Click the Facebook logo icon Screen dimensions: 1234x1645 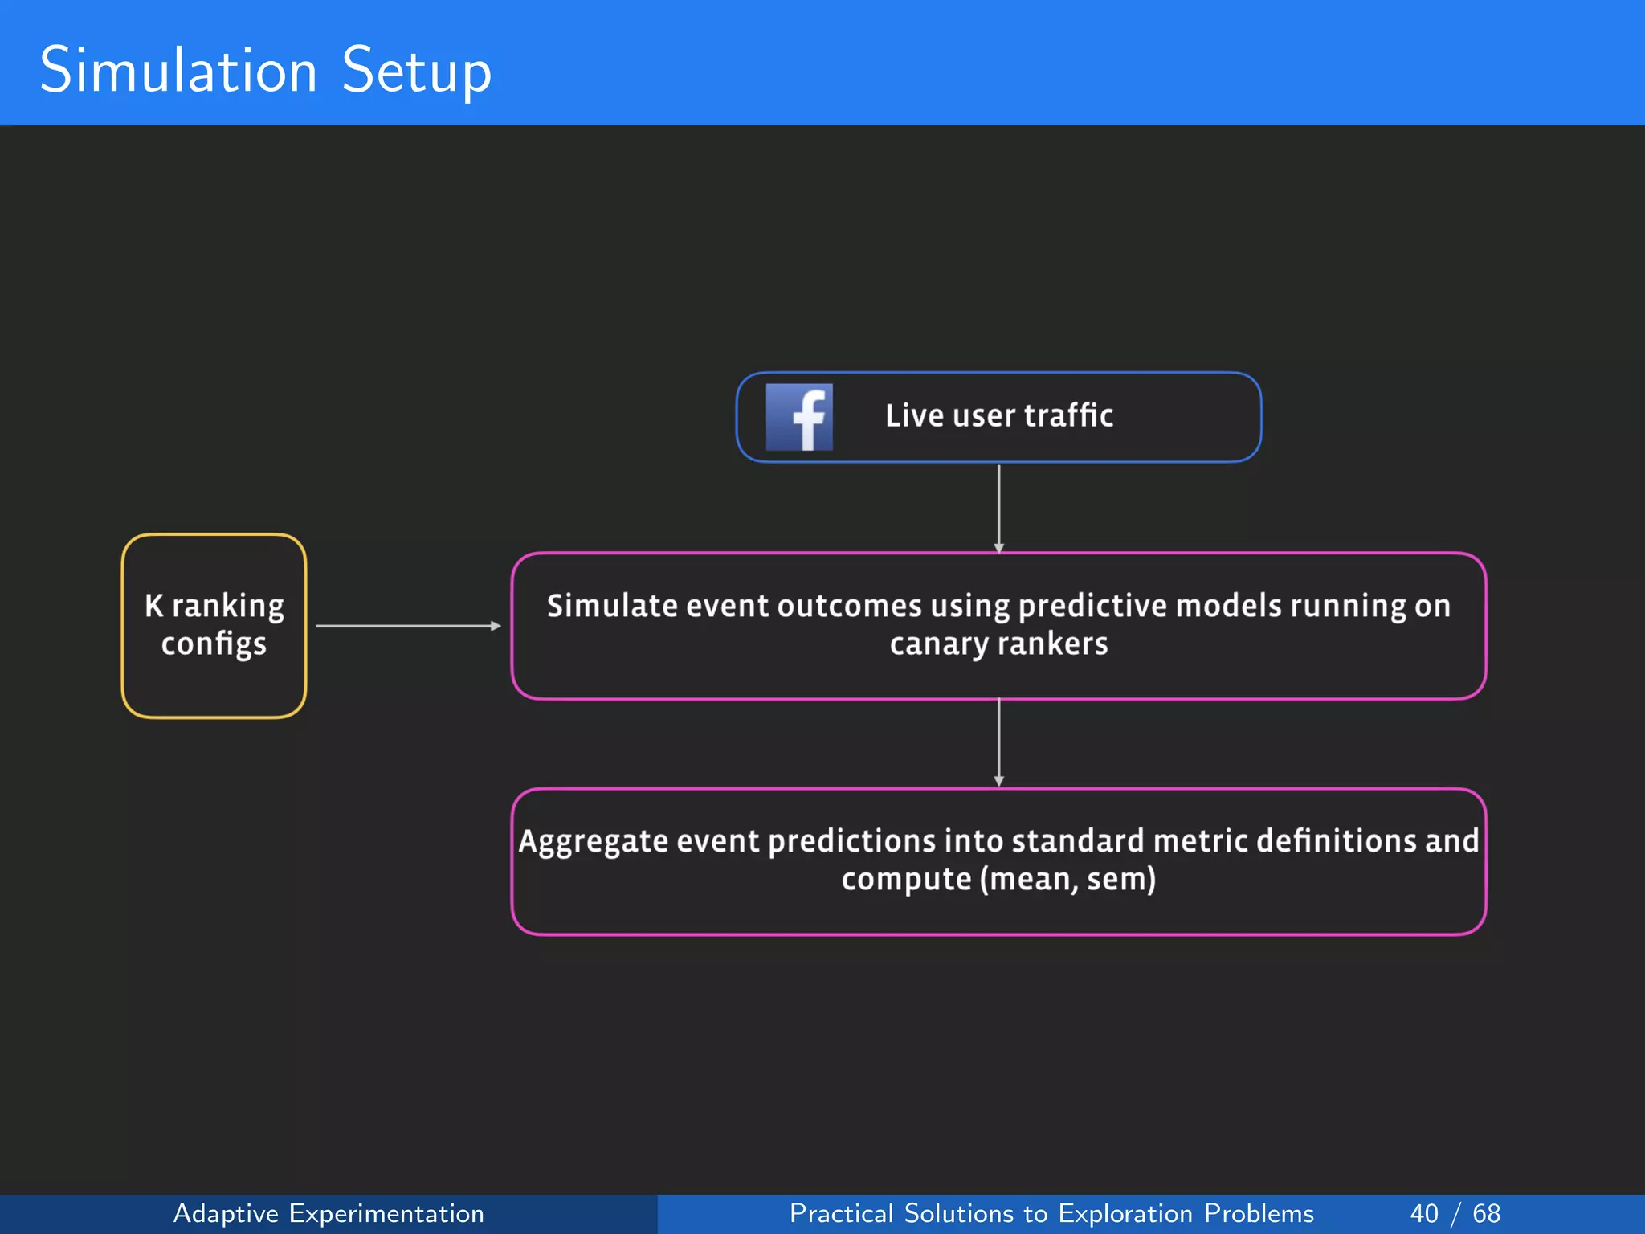[798, 417]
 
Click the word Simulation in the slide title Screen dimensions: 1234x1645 [178, 71]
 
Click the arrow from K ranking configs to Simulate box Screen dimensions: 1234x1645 [408, 626]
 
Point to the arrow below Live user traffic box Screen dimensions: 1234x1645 [998, 508]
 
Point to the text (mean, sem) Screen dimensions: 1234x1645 [1067, 880]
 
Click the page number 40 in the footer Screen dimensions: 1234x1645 [1423, 1213]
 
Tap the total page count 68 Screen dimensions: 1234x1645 [1486, 1213]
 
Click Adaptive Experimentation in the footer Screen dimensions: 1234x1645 [329, 1213]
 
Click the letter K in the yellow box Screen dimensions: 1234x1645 [154, 606]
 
